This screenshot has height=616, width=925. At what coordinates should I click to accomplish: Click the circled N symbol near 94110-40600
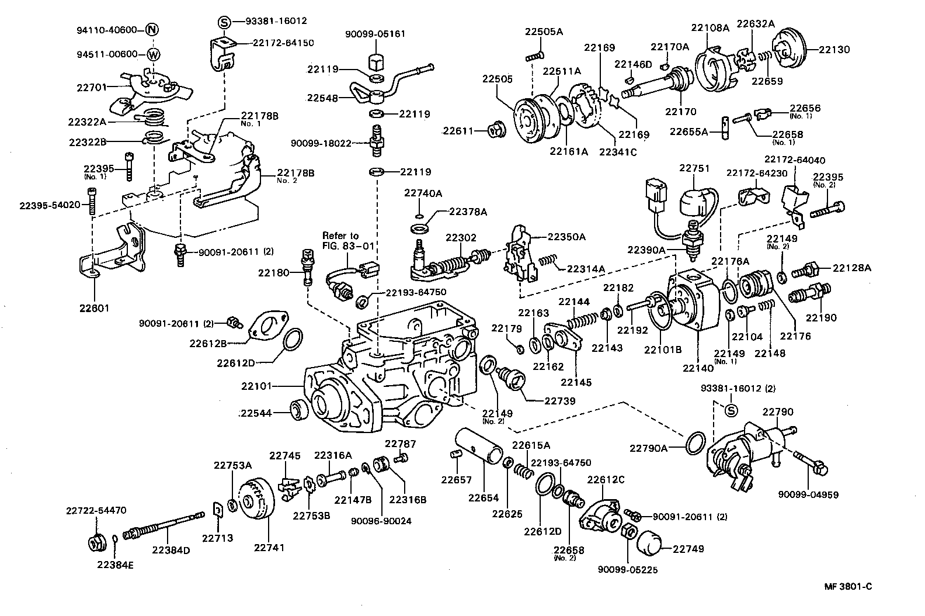click(152, 29)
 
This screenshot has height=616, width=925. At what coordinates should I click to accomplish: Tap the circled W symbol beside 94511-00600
click(153, 55)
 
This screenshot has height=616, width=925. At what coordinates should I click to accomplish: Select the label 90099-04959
click(808, 494)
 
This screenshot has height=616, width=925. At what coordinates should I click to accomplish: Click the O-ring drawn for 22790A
click(694, 444)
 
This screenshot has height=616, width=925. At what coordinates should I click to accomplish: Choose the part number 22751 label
click(694, 168)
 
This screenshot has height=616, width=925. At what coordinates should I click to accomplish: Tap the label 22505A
click(544, 32)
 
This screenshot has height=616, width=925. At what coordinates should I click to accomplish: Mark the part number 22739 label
click(560, 401)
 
